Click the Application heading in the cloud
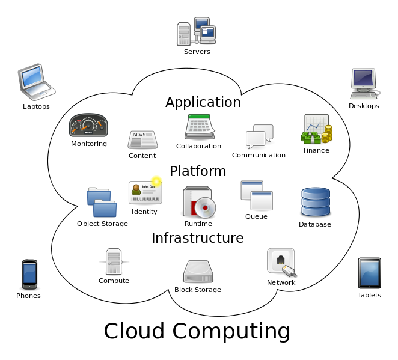[203, 102]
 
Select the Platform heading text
[198, 171]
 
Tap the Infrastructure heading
[197, 238]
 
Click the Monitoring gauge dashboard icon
[88, 126]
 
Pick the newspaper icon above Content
[142, 139]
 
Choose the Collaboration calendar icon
[199, 127]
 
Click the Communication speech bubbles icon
[260, 136]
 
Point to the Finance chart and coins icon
[316, 129]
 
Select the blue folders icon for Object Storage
[102, 203]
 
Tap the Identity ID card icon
[145, 192]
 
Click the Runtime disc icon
[199, 202]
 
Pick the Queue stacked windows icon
[257, 195]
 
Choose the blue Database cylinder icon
[316, 203]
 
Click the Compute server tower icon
[114, 261]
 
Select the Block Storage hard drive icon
[198, 272]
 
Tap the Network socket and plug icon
[281, 263]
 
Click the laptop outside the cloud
[35, 82]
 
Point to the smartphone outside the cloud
[29, 274]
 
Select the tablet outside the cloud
[369, 273]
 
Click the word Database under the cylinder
[315, 224]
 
